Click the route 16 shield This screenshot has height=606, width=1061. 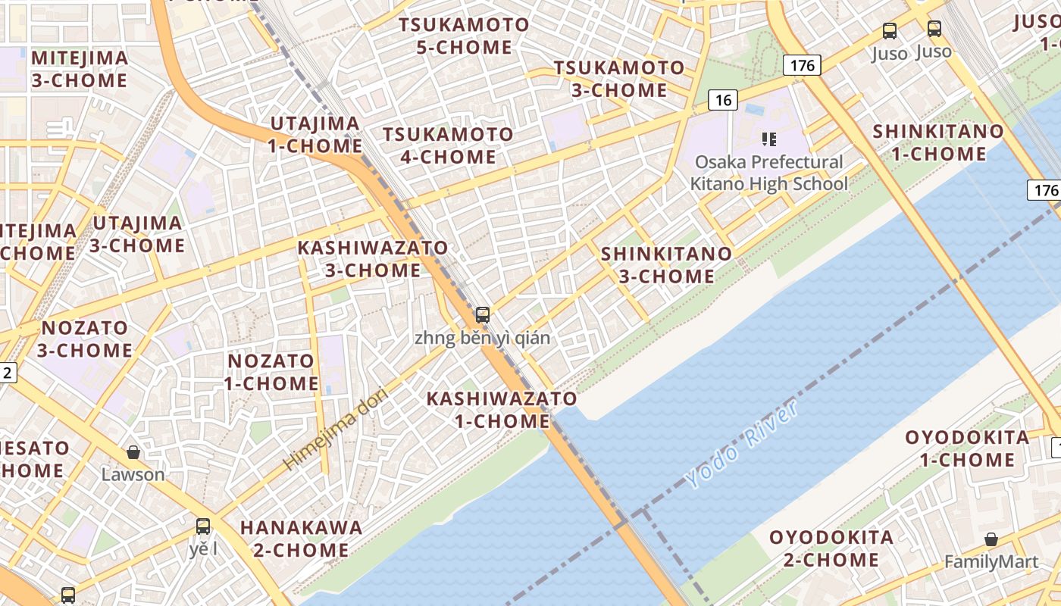click(724, 99)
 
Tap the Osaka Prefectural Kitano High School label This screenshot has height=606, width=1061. click(768, 173)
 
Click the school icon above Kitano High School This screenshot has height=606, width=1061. click(769, 139)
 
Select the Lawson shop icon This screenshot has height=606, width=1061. click(133, 452)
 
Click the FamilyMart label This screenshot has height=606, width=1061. click(991, 562)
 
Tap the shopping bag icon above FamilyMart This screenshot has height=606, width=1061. click(991, 539)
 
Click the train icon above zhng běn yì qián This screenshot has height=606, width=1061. click(483, 315)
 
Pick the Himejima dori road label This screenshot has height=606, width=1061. click(336, 429)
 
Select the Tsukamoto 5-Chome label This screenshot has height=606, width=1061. click(464, 36)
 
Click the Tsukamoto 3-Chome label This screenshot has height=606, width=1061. click(619, 79)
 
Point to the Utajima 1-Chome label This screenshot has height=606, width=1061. click(315, 134)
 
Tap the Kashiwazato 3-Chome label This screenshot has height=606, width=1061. click(373, 259)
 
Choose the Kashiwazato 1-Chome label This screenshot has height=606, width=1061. click(502, 409)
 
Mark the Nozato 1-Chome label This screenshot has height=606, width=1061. click(271, 372)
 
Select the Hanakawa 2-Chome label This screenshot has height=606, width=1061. click(301, 539)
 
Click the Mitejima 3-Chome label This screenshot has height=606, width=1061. click(79, 68)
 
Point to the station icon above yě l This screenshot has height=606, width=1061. click(203, 526)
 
